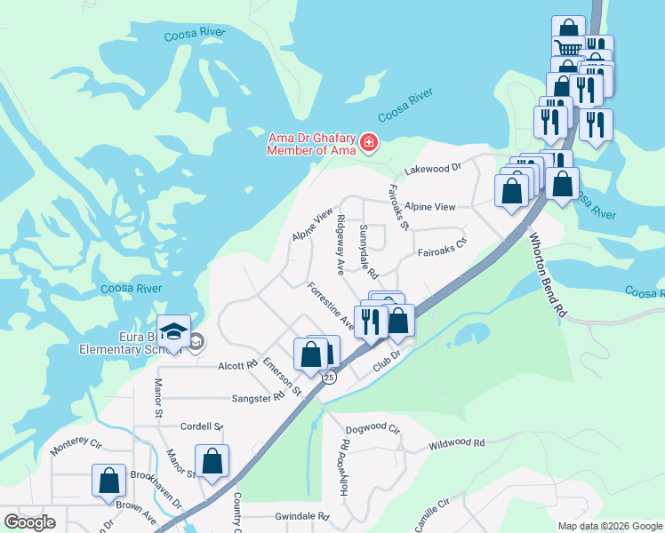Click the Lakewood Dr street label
point(433,167)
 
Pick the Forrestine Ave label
point(331,307)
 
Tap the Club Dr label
point(388,358)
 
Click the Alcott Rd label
point(237,365)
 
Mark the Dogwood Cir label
point(373,428)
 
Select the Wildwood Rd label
point(456,443)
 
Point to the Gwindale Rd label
point(302,516)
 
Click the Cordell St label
point(201,426)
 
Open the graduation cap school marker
point(174,331)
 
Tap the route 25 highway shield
point(329,378)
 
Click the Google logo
point(30,521)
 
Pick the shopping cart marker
point(568,46)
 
